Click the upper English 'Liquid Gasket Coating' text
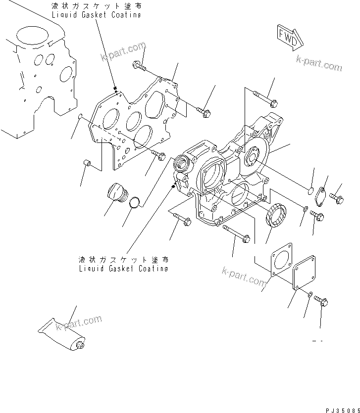tap(96, 15)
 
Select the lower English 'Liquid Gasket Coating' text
tap(123, 268)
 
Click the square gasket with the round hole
tap(282, 263)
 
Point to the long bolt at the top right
tap(264, 99)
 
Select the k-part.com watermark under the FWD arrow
tap(319, 63)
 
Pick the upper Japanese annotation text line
tap(96, 6)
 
